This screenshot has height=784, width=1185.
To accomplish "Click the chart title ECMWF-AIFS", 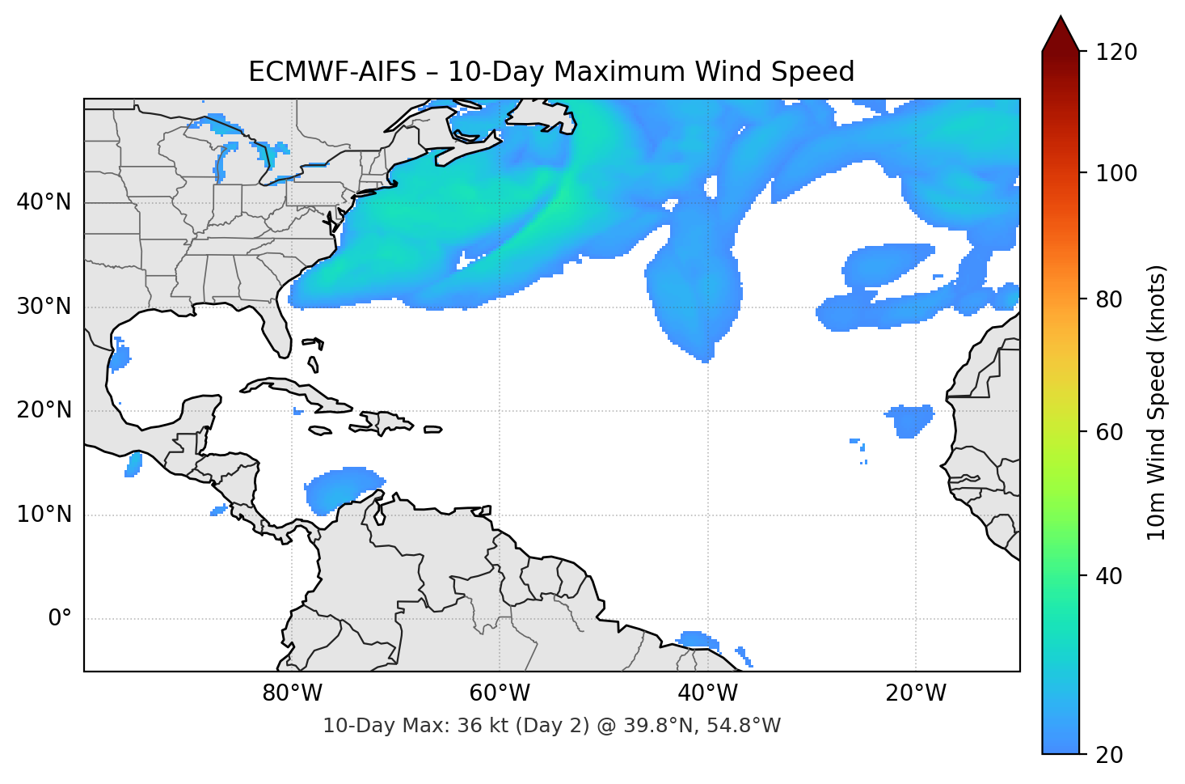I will pyautogui.click(x=551, y=72).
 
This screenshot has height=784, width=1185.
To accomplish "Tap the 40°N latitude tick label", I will pyautogui.click(x=44, y=202).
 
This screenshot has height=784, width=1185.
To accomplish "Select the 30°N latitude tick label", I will pyautogui.click(x=44, y=307).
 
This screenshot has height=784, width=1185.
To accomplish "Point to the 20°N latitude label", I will pyautogui.click(x=44, y=410).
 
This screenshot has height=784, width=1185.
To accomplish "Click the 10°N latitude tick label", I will pyautogui.click(x=44, y=515).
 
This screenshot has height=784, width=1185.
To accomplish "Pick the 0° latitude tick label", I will pyautogui.click(x=59, y=619).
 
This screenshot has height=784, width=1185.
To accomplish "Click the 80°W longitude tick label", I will pyautogui.click(x=292, y=693).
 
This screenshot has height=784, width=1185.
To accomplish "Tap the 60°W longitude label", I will pyautogui.click(x=500, y=693).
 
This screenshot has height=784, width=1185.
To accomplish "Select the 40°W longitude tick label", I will pyautogui.click(x=707, y=693).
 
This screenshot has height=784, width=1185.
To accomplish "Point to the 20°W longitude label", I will pyautogui.click(x=915, y=693).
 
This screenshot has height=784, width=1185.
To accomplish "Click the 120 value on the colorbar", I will pyautogui.click(x=1116, y=53).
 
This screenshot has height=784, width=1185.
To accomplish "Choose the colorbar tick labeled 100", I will pyautogui.click(x=1116, y=173).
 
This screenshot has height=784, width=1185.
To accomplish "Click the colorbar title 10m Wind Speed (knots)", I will pyautogui.click(x=1157, y=402).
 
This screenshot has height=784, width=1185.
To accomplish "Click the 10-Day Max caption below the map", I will pyautogui.click(x=551, y=726).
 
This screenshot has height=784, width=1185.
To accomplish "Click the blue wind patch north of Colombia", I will pyautogui.click(x=339, y=488).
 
